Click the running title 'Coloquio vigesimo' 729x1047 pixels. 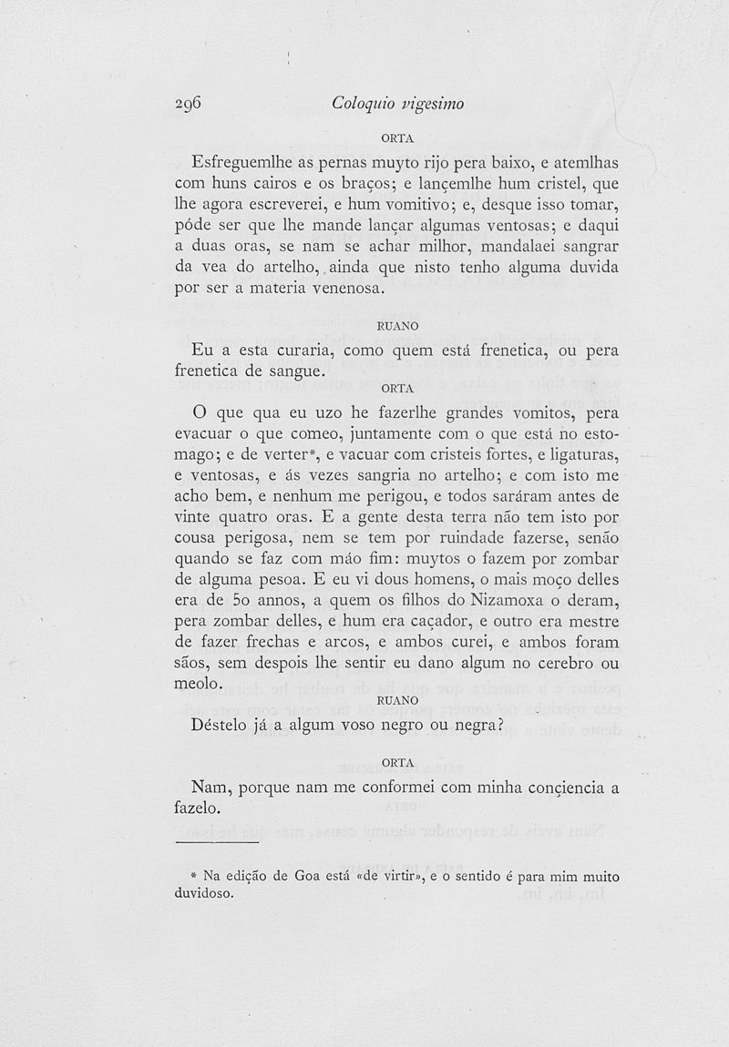click(398, 104)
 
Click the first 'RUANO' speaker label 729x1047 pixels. click(397, 325)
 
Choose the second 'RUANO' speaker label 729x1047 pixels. click(397, 700)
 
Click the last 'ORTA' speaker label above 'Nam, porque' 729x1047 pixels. click(397, 761)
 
